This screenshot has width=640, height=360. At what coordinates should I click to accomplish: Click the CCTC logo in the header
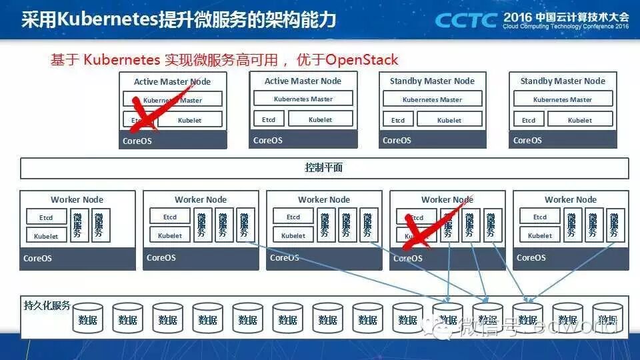465,19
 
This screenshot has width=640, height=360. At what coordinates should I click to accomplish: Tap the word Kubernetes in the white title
107,19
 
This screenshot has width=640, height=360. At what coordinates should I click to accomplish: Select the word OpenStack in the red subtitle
361,60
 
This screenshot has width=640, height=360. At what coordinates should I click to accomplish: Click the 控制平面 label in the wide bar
324,167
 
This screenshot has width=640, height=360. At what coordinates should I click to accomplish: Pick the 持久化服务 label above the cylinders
47,305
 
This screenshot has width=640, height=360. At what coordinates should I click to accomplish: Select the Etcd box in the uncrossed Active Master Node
269,120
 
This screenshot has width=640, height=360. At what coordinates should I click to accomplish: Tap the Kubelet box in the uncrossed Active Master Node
320,120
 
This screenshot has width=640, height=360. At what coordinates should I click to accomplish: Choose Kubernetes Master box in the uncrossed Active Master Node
303,99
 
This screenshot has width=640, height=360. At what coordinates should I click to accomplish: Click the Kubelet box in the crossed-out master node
189,121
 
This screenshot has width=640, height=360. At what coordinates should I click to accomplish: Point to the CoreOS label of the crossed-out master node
137,141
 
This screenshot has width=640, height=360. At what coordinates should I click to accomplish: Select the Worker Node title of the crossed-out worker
447,199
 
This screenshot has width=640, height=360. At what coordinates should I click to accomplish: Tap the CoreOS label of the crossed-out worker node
408,258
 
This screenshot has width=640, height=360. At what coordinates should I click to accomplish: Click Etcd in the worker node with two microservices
46,217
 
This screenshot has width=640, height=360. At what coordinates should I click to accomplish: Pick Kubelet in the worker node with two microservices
46,236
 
